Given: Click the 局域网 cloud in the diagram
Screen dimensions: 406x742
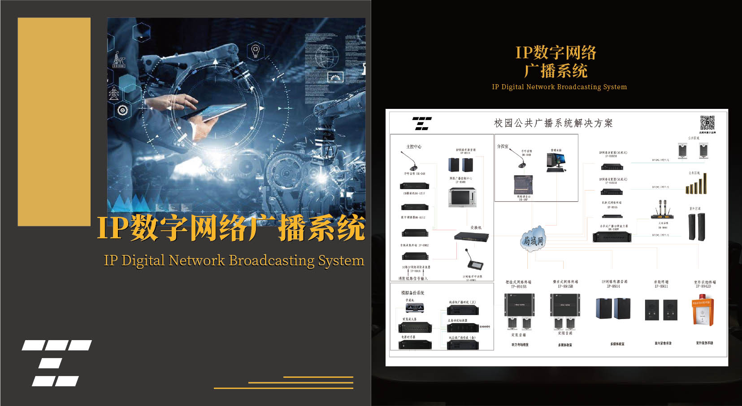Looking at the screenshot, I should pos(533,241).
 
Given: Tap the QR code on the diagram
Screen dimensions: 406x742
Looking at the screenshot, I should pos(707,123).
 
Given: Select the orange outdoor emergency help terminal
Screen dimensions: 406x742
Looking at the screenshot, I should pos(703,312).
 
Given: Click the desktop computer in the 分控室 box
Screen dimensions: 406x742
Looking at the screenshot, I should pos(556,162).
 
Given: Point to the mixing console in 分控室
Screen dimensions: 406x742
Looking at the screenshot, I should pos(523,185).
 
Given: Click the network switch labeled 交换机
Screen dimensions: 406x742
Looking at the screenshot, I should pos(471,237).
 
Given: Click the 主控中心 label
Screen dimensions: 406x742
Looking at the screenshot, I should pos(413,147).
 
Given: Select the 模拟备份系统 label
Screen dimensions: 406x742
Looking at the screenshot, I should pos(412,293).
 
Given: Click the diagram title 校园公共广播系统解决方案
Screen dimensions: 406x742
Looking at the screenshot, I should pos(553,123).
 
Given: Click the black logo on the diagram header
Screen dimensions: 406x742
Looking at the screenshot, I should pos(421,123).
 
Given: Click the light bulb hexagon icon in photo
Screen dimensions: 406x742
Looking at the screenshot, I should pos(256,50).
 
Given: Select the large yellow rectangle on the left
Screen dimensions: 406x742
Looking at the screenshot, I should pos(54,121).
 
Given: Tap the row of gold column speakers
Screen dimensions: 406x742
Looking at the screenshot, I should pos(696,184).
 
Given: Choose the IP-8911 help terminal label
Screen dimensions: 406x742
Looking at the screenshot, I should pos(661,284).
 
